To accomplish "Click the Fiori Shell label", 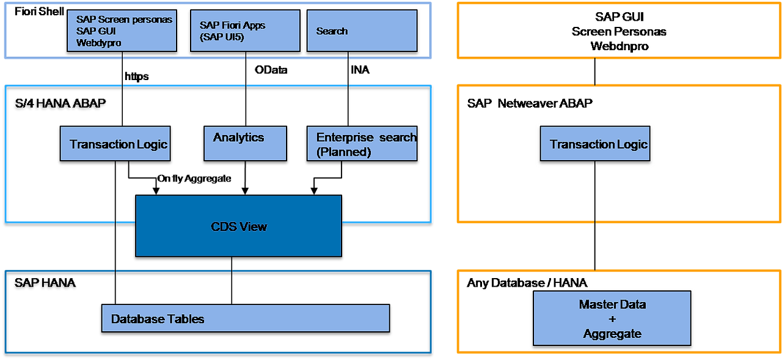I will [39, 11].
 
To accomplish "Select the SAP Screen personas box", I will [122, 31].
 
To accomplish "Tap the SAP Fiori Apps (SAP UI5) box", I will [245, 31].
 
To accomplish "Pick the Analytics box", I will [245, 144].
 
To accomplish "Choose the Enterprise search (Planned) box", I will [362, 144].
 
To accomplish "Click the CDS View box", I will [238, 226].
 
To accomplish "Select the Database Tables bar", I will [245, 318].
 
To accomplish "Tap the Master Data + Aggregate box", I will [612, 318].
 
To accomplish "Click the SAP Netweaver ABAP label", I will [530, 103].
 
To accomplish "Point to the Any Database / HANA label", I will [527, 283].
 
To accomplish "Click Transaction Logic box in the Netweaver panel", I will [595, 144].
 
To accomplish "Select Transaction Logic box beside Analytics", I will [115, 144].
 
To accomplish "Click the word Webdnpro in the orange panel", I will [619, 46].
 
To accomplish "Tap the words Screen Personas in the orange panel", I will [619, 31].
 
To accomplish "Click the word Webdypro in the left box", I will [98, 43].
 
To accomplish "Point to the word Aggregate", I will [612, 334].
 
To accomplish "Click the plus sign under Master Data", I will [612, 319].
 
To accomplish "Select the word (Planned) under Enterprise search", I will [343, 152].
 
